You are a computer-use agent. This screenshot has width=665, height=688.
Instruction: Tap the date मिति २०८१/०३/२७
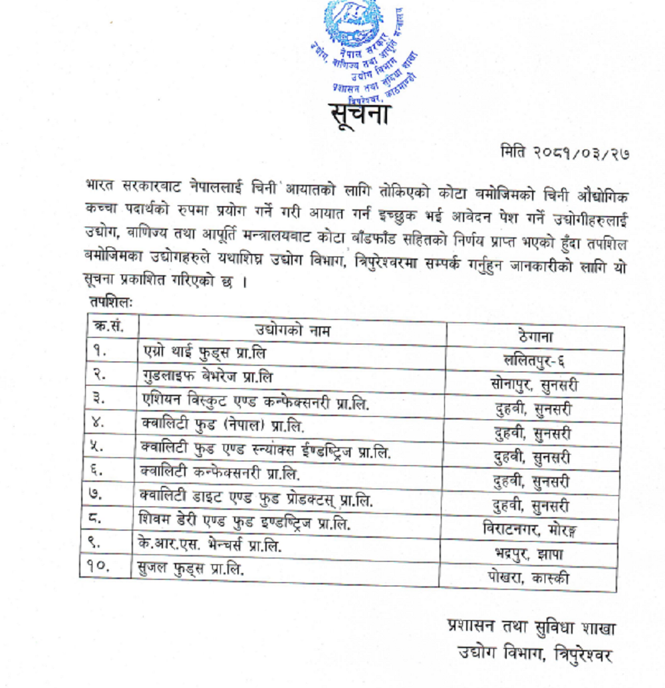[x=565, y=152]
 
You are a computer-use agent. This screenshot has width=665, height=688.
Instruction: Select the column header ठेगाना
[x=535, y=336]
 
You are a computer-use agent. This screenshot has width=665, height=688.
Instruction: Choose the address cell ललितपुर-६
[x=535, y=361]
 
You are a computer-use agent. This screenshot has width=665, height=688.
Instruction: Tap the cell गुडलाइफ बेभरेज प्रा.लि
[x=208, y=376]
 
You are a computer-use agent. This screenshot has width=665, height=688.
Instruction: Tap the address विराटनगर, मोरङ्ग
[x=530, y=530]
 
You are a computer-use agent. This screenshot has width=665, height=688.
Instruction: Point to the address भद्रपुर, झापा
[x=529, y=554]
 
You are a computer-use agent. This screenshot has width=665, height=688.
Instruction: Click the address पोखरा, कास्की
[x=529, y=578]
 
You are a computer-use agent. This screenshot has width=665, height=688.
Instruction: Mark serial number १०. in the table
[x=98, y=568]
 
